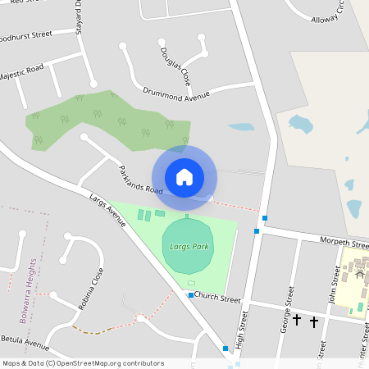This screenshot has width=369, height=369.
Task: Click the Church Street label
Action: pos(218,298)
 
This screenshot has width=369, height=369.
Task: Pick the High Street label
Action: pos(240,329)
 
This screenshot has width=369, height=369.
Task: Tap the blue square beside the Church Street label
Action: pos(191,295)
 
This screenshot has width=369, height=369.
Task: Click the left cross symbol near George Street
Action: pos(297,321)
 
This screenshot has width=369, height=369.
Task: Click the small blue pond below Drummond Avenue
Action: pos(241,128)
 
